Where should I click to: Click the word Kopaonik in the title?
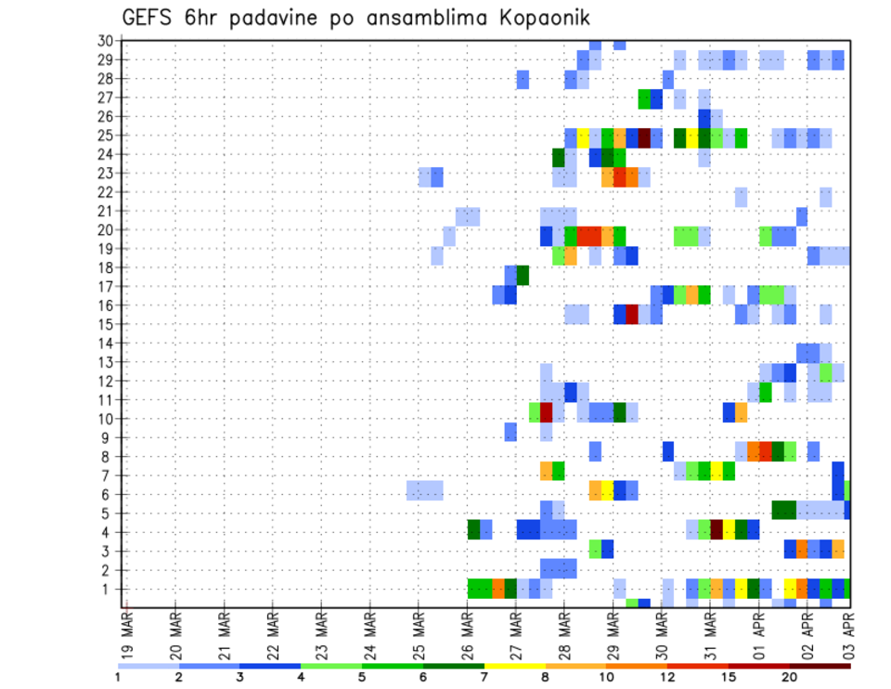click(x=543, y=18)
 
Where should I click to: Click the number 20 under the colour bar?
click(x=790, y=676)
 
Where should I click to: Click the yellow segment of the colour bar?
click(x=514, y=666)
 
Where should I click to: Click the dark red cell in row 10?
click(x=547, y=411)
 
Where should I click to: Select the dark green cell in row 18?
click(x=523, y=276)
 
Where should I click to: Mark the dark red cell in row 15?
click(x=632, y=314)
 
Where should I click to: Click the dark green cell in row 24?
click(x=559, y=156)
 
